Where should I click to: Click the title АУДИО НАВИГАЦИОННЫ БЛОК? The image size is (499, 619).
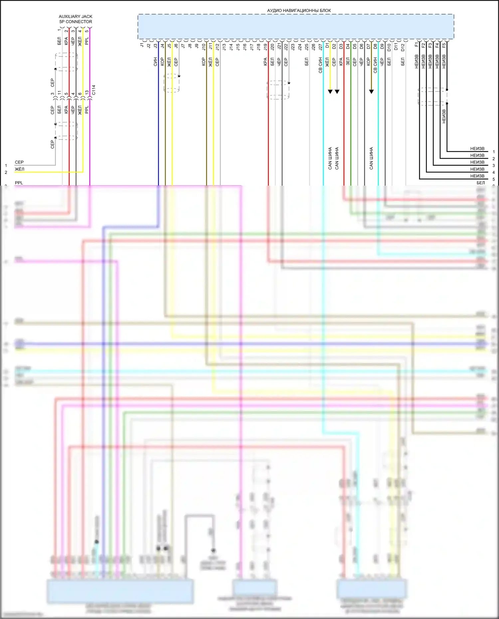[x=299, y=10]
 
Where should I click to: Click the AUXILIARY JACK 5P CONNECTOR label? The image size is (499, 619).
[x=76, y=19]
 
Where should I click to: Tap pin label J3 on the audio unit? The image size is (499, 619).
[x=155, y=46]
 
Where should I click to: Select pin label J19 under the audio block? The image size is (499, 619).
[x=265, y=47]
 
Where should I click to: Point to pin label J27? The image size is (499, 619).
[x=320, y=47]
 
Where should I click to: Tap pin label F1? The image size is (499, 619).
[x=416, y=45]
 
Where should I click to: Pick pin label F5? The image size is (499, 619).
[x=444, y=45]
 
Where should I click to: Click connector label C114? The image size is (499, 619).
[x=93, y=90]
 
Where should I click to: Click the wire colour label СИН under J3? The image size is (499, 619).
[x=155, y=62]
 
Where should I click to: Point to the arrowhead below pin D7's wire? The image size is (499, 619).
[x=371, y=91]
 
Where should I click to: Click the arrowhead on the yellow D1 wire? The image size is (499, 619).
[x=330, y=91]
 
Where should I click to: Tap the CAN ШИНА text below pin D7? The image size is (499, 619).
[x=371, y=158]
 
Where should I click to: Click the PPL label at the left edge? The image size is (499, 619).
[x=19, y=183]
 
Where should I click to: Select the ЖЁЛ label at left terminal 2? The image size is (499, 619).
[x=19, y=169]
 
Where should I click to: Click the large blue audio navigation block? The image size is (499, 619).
[x=296, y=27]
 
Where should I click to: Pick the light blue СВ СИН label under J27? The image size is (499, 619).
[x=320, y=65]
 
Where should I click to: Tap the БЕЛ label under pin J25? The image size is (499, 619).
[x=306, y=62]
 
